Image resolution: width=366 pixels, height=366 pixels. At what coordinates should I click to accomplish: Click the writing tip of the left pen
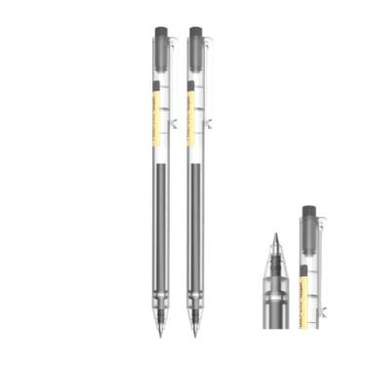[164, 335]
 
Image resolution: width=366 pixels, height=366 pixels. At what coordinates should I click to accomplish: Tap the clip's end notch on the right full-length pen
[209, 126]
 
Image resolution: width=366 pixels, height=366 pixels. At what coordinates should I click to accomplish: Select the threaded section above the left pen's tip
[164, 310]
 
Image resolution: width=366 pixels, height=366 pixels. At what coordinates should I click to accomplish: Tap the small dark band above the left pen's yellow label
[160, 80]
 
